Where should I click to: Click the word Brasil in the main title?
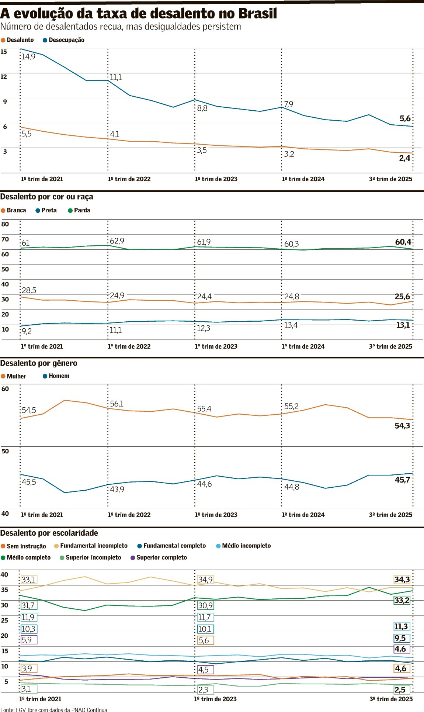257,14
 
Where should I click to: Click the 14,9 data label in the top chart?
28,57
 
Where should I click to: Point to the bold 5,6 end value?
405,118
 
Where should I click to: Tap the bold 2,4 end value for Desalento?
404,158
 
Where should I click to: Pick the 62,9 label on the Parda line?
117,241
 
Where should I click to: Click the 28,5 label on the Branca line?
29,290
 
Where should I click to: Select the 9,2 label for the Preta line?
27,331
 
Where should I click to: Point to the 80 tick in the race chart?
5,224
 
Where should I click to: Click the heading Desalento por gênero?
39,363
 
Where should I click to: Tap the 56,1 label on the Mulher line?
117,404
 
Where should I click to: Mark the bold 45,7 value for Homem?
402,480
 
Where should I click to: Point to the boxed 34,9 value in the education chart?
205,580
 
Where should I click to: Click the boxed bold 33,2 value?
402,600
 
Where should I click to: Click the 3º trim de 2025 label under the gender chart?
390,515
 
